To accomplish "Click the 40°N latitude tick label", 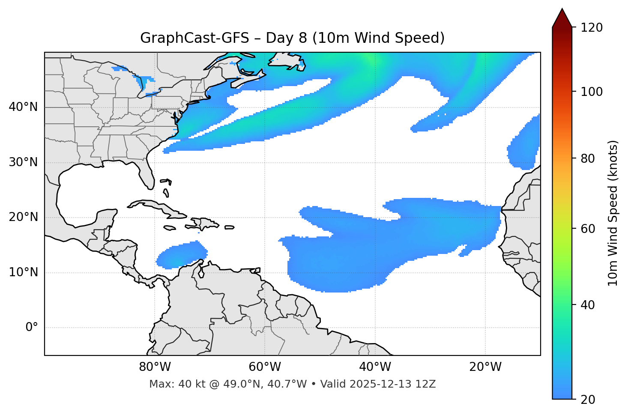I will coord(23,107).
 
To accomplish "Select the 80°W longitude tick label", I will coord(155,367).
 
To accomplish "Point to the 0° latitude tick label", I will coord(31,328).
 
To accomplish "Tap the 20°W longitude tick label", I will coord(485,367).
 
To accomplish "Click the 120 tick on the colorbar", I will coord(592,27).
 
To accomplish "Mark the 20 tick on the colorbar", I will coord(588,400).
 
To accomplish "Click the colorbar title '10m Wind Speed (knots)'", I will coord(613,213).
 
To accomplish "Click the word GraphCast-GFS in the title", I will coord(194,38).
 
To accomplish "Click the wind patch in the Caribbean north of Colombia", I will coord(180,256).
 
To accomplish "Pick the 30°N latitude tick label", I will coord(23,162).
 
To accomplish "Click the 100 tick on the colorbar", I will coord(592,92).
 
